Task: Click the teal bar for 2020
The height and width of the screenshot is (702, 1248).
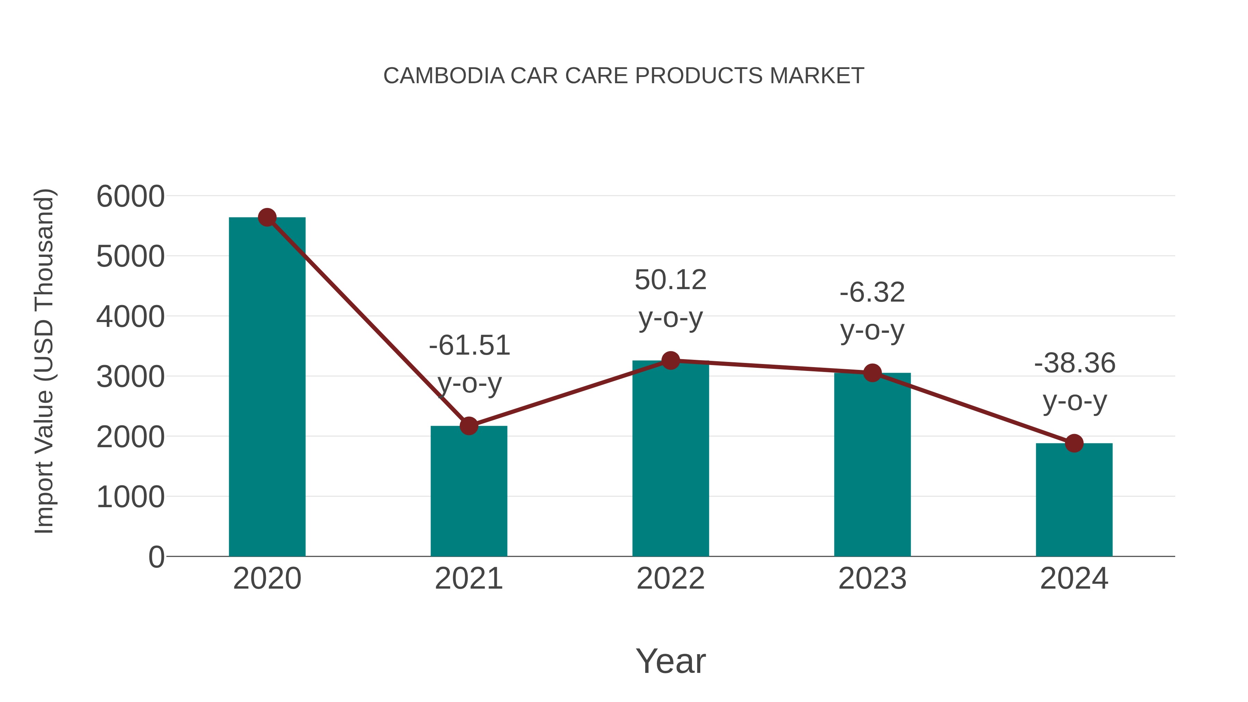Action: (267, 388)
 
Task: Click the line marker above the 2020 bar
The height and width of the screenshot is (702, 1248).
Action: (267, 217)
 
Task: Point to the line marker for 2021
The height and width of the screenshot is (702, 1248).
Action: (468, 426)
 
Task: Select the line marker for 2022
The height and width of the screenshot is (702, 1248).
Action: (670, 361)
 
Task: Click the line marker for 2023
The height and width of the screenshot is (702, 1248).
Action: (872, 373)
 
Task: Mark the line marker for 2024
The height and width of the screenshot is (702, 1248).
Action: (1074, 443)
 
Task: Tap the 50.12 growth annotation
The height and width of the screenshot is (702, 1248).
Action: (670, 298)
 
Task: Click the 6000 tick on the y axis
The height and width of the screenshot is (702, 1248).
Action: (130, 197)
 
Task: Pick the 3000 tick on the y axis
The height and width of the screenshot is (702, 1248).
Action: (130, 377)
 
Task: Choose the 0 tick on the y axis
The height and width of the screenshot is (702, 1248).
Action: (156, 557)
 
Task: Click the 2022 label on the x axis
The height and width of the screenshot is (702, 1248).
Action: (670, 579)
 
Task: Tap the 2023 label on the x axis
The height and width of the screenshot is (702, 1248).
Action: (872, 579)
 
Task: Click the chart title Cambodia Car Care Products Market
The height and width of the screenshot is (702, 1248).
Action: (624, 76)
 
